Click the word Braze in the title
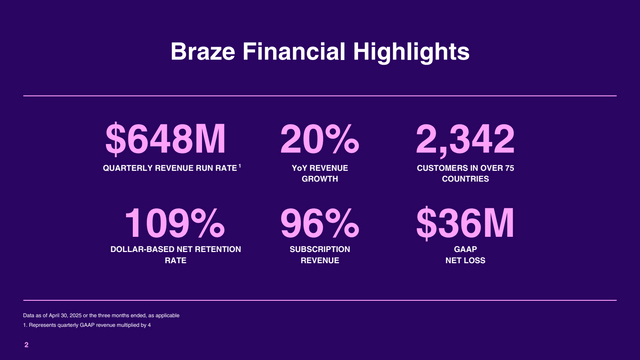(x=200, y=51)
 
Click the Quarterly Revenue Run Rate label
(x=169, y=167)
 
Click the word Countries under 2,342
(x=467, y=180)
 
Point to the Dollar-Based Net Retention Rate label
(x=176, y=254)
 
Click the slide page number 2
(x=27, y=345)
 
